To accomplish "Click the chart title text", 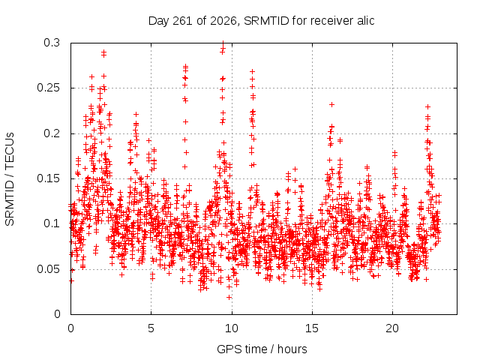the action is (x=261, y=21).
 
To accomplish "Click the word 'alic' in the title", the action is (x=365, y=21).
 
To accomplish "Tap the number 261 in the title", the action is (x=183, y=21).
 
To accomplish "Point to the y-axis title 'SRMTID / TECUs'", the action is (x=10, y=179).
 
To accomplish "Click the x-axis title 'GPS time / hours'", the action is (x=262, y=349).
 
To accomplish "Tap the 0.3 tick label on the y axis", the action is (x=52, y=43).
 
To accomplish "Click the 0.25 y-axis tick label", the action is (x=48, y=88).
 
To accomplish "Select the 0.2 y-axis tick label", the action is (x=52, y=133).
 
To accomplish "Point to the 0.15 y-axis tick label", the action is (x=48, y=178).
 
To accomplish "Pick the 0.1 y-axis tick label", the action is (x=52, y=223).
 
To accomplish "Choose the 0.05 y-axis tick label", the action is (x=48, y=269).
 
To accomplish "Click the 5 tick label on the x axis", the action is (x=151, y=328).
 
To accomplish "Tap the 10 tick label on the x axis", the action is (x=232, y=328).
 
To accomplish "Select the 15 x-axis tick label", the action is (x=312, y=328).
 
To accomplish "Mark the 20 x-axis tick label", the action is (x=392, y=328).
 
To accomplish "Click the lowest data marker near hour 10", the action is (x=229, y=297).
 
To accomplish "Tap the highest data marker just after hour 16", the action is (x=331, y=105).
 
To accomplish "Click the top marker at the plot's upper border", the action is (x=223, y=43).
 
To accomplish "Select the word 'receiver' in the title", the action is (x=331, y=21).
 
